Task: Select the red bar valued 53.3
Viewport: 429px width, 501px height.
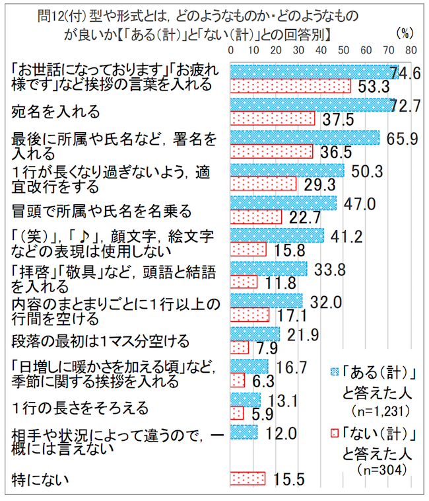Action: click(x=290, y=86)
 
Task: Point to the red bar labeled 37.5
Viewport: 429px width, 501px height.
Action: click(x=272, y=118)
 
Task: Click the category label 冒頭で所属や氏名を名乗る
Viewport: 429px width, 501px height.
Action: click(x=102, y=211)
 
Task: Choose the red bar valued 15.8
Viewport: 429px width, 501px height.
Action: click(x=247, y=249)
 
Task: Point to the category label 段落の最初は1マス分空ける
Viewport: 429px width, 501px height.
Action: click(x=101, y=341)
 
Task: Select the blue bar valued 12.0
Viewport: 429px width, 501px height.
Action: click(x=243, y=432)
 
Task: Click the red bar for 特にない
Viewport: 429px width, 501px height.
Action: click(x=247, y=478)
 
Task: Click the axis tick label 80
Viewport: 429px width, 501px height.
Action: click(x=410, y=50)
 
